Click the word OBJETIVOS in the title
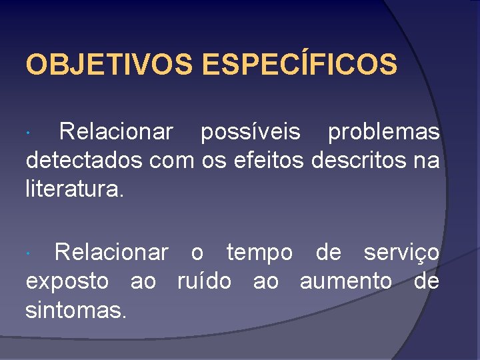[x=109, y=65]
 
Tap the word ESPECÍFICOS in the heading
[x=299, y=65]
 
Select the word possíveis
[x=251, y=133]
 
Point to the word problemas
[x=383, y=133]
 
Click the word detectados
[x=85, y=161]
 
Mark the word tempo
[x=259, y=253]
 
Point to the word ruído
[x=204, y=281]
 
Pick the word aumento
[x=346, y=282]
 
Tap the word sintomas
[x=75, y=309]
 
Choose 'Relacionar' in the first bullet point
[x=116, y=133]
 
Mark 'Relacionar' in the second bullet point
[x=111, y=253]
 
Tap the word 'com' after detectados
[x=171, y=161]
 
